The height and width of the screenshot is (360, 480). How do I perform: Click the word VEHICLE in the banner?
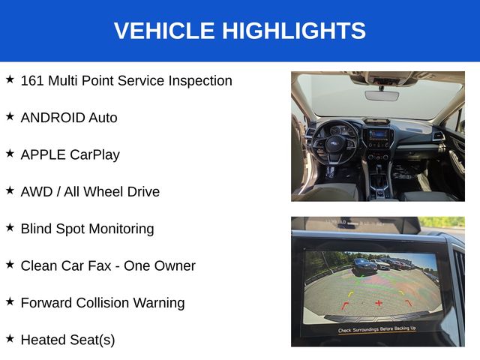(164, 31)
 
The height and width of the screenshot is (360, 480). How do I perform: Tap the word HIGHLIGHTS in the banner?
(294, 31)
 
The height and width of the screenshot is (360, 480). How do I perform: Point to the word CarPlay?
(95, 155)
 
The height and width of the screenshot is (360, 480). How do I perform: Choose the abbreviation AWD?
(37, 192)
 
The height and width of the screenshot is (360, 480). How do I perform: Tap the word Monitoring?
(121, 229)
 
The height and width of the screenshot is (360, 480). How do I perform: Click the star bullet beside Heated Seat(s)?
(10, 338)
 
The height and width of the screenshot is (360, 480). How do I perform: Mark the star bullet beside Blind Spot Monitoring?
(10, 227)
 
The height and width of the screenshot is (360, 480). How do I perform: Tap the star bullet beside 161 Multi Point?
(10, 79)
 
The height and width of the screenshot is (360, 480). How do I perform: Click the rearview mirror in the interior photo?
(382, 95)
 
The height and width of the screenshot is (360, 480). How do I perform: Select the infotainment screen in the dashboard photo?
(378, 134)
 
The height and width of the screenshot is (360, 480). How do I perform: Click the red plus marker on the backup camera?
(379, 303)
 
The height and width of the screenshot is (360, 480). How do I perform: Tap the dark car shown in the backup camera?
(364, 266)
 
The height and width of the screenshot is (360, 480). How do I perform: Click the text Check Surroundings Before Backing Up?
(376, 329)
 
